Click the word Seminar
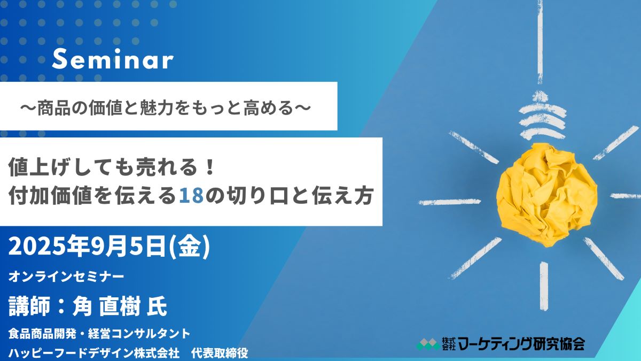point(113,59)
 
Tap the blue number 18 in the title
point(191,196)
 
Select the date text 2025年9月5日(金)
point(110,247)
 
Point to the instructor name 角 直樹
point(106,306)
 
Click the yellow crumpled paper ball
point(546,195)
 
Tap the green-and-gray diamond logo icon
point(428,344)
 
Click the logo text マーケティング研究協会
point(521,343)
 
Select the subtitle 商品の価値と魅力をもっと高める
point(166,109)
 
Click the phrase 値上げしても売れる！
point(112,167)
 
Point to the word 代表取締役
point(220,353)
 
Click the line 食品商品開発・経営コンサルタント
point(99,334)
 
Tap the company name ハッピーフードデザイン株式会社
point(94,353)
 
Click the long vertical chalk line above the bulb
point(540,42)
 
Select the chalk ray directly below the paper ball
point(544,286)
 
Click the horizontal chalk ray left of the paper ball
point(450,202)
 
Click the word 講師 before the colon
point(29,306)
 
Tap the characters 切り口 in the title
point(257,196)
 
